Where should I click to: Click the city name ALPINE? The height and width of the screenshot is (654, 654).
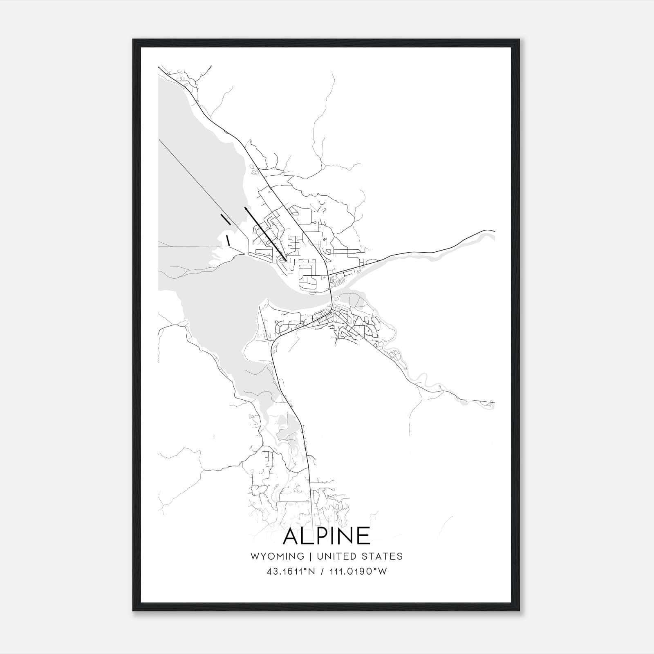click(327, 537)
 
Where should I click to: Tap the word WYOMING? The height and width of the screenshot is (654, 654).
click(277, 556)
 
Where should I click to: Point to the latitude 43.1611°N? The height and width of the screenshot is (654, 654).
click(291, 571)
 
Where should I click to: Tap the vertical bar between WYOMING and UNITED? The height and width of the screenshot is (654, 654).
click(311, 556)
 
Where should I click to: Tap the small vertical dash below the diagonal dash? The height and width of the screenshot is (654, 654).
click(228, 240)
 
